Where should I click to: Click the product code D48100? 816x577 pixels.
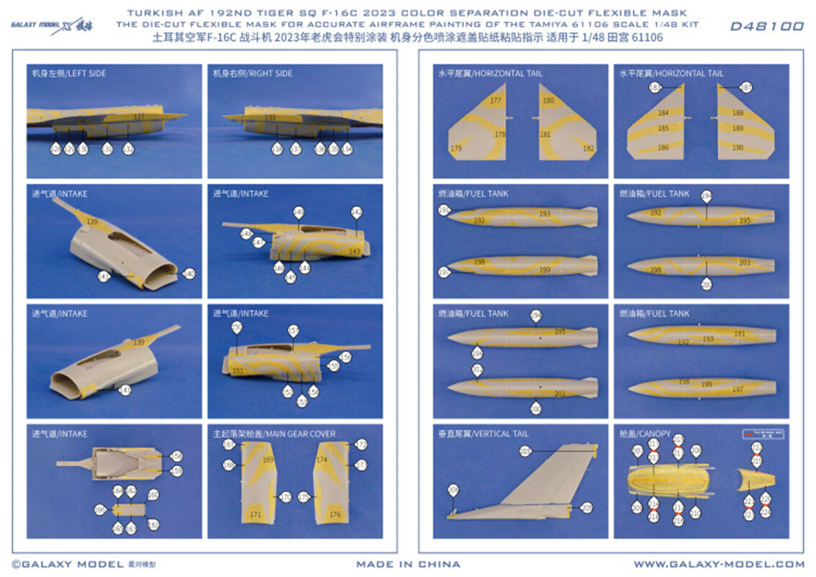pyautogui.click(x=766, y=27)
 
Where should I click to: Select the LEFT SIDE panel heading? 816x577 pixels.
pyautogui.click(x=68, y=74)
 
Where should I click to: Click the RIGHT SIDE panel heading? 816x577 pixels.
pyautogui.click(x=252, y=74)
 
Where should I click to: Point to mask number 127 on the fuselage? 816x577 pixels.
pyautogui.click(x=139, y=116)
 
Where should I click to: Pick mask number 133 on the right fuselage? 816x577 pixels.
pyautogui.click(x=270, y=118)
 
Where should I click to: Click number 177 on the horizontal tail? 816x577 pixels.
pyautogui.click(x=495, y=101)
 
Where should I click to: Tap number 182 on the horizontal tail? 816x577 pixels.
pyautogui.click(x=589, y=149)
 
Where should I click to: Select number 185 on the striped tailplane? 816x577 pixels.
pyautogui.click(x=663, y=128)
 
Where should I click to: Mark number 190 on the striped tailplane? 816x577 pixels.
pyautogui.click(x=737, y=147)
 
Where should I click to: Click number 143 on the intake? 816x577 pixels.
pyautogui.click(x=354, y=252)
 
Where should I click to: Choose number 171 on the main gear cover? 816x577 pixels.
pyautogui.click(x=255, y=515)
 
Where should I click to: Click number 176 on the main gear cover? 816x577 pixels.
pyautogui.click(x=334, y=515)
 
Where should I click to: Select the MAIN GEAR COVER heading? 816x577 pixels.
pyautogui.click(x=274, y=434)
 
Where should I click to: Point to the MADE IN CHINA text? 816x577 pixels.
pyautogui.click(x=408, y=564)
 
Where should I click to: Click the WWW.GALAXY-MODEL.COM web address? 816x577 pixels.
pyautogui.click(x=719, y=564)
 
